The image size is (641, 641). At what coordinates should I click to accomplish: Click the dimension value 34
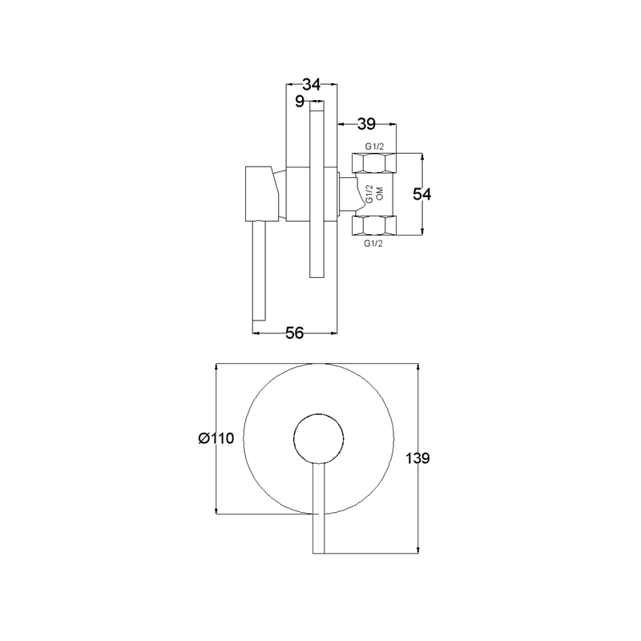(x=311, y=85)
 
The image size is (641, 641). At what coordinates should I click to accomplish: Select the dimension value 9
(x=300, y=101)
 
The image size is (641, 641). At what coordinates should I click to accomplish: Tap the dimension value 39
(x=366, y=123)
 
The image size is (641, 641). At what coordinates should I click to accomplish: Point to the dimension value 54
(x=421, y=194)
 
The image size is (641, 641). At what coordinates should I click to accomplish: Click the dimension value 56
(x=294, y=333)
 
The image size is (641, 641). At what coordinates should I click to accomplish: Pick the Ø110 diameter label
(x=216, y=438)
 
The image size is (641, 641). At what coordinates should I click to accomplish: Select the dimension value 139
(x=417, y=458)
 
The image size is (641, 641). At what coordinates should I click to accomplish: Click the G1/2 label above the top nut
(x=374, y=147)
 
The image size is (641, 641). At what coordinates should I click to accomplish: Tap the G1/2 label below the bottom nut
(x=373, y=244)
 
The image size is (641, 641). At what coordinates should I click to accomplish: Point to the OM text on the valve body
(x=380, y=193)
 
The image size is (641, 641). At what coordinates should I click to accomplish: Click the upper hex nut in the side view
(x=374, y=163)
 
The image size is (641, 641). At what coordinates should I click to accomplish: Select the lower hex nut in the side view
(x=374, y=226)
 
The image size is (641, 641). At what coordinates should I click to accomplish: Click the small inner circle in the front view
(x=319, y=438)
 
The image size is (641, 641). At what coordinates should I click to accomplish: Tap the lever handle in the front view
(x=318, y=509)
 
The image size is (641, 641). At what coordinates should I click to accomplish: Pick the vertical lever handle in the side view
(x=260, y=272)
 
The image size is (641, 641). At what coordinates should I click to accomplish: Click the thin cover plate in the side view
(x=316, y=190)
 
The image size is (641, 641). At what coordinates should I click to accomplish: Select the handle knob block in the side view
(x=262, y=194)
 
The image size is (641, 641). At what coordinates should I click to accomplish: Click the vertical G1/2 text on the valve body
(x=369, y=194)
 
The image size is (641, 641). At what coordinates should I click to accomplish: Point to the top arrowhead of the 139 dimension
(x=417, y=367)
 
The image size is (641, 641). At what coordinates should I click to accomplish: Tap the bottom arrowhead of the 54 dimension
(x=422, y=232)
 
